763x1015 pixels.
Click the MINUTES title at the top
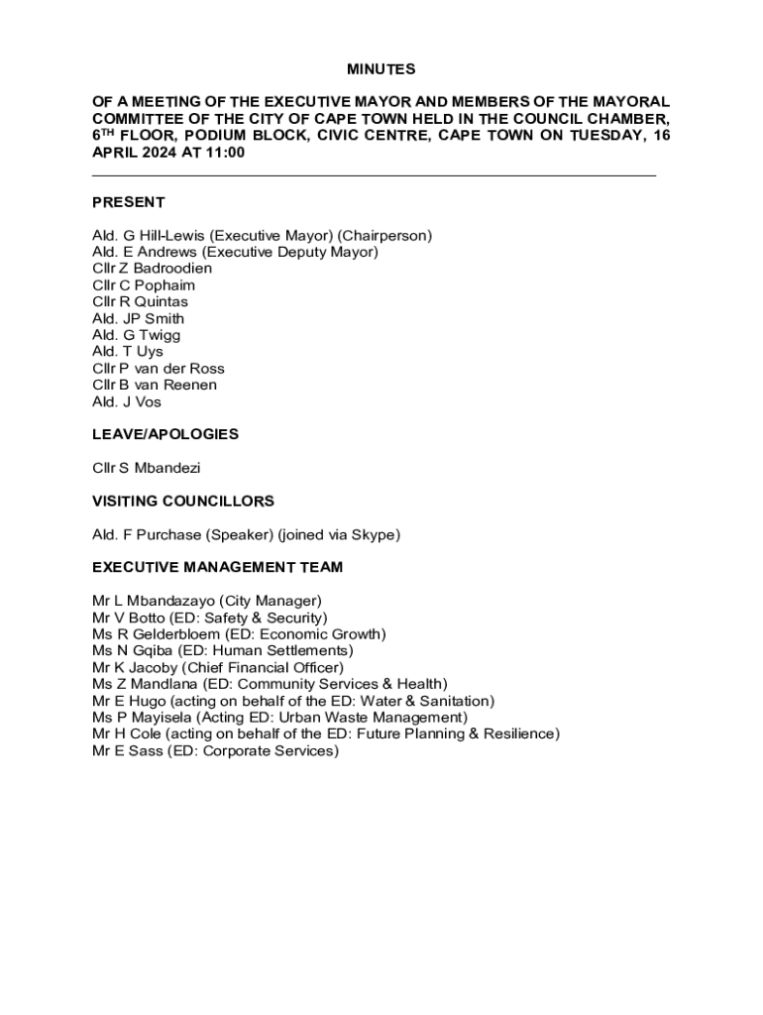pyautogui.click(x=381, y=69)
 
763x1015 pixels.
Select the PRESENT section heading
pyautogui.click(x=128, y=202)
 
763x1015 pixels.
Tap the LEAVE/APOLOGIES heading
pyautogui.click(x=165, y=434)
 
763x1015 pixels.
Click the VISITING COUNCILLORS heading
pyautogui.click(x=183, y=501)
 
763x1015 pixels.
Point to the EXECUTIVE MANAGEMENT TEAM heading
pyautogui.click(x=217, y=567)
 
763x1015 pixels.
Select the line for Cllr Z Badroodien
pyautogui.click(x=152, y=269)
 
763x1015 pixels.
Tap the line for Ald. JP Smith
pyautogui.click(x=138, y=318)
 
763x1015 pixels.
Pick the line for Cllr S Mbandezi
pyautogui.click(x=146, y=468)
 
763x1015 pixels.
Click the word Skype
pyautogui.click(x=373, y=534)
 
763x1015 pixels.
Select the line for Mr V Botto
pyautogui.click(x=209, y=618)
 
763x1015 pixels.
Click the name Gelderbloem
pyautogui.click(x=176, y=634)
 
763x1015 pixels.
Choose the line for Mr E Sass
pyautogui.click(x=215, y=750)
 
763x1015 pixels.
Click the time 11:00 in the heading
pyautogui.click(x=226, y=153)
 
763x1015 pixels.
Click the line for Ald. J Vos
pyautogui.click(x=127, y=401)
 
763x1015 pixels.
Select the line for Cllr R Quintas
pyautogui.click(x=140, y=301)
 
